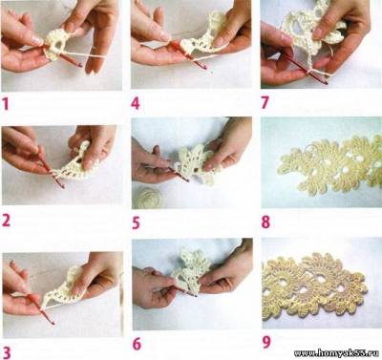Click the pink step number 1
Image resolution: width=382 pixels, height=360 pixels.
pos(6,104)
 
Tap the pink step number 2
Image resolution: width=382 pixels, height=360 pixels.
pos(6,221)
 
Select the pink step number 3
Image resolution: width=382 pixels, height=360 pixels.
pos(7,353)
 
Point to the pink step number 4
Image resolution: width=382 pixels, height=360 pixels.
pos(136,103)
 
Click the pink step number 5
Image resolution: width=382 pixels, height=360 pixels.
pos(136,222)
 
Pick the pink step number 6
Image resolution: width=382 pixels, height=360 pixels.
pos(137,344)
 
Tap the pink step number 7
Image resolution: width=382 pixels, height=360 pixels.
pos(265,102)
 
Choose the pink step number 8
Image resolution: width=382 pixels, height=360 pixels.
pos(265,222)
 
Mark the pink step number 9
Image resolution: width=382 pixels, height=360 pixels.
pos(266,343)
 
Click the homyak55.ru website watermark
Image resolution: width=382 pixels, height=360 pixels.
pos(336,353)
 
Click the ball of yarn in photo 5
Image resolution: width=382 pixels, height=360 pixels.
pos(148,198)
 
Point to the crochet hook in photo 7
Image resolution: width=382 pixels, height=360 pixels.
pos(304,69)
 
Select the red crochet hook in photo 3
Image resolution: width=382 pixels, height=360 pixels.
pos(40,308)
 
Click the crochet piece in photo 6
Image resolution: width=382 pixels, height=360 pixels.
pos(190,270)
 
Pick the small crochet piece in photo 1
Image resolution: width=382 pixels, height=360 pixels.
pos(56,45)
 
